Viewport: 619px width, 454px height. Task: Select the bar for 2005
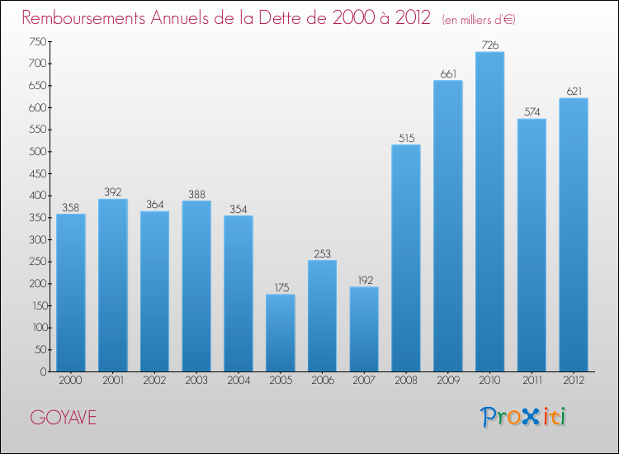click(x=280, y=333)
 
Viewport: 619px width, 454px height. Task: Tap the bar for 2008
click(x=406, y=258)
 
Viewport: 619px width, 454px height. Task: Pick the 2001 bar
click(x=112, y=286)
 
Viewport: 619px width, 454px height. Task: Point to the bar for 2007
click(x=364, y=329)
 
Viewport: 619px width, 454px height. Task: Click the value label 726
click(x=489, y=45)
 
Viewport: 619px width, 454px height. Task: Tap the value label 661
click(x=448, y=74)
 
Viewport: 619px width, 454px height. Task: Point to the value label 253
click(x=322, y=254)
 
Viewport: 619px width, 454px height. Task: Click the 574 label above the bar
click(x=532, y=112)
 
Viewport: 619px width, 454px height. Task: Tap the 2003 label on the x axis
click(x=196, y=381)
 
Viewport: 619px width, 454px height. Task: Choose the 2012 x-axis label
click(x=574, y=381)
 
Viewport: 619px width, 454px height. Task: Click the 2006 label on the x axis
click(x=322, y=381)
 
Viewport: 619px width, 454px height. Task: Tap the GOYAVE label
click(x=64, y=418)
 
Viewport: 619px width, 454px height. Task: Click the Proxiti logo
click(x=523, y=417)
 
